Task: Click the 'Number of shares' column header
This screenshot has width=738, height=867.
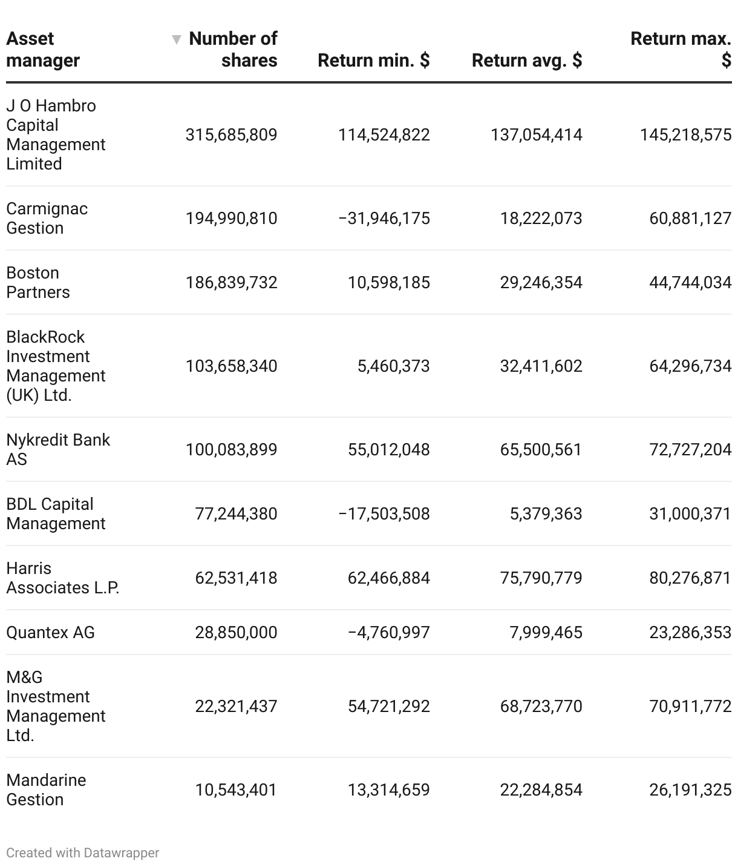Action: click(233, 49)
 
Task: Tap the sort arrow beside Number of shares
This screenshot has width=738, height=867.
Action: click(176, 39)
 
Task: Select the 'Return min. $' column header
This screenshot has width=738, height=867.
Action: click(373, 60)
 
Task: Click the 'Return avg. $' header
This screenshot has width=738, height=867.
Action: click(526, 60)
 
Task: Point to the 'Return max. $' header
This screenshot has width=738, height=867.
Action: click(681, 49)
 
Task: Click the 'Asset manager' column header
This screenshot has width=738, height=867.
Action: click(43, 49)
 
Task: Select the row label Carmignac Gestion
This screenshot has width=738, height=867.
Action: click(47, 218)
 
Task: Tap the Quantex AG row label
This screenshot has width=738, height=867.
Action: click(50, 632)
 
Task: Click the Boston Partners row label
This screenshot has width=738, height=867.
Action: click(38, 282)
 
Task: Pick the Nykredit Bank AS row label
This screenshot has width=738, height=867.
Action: click(57, 449)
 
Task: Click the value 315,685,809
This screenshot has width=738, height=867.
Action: click(231, 134)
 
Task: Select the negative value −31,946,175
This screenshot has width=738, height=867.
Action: click(384, 218)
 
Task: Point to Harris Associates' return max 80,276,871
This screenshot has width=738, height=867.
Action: click(690, 578)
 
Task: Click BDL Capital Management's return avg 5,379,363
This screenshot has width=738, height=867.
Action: click(546, 513)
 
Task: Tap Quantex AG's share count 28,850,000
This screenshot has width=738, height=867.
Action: click(236, 632)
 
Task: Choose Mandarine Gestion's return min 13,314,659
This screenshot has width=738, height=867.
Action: click(388, 790)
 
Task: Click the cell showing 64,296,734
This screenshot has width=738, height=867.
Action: click(690, 366)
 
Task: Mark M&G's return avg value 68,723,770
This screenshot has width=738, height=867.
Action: click(541, 706)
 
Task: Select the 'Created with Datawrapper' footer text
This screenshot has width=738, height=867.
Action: click(83, 852)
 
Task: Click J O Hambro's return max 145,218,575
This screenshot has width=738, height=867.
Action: click(685, 134)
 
